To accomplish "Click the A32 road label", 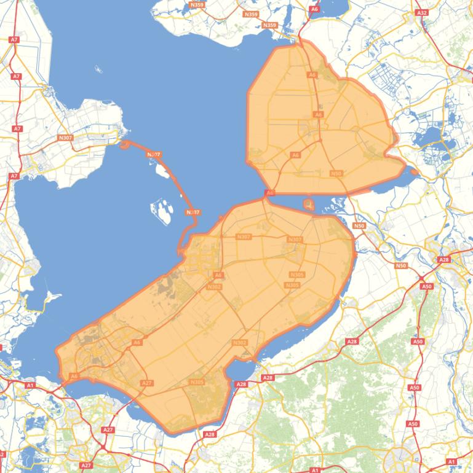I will (421, 12).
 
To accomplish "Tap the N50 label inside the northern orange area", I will (336, 174).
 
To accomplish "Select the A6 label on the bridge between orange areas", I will (269, 193).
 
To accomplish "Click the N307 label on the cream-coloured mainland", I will (65, 138).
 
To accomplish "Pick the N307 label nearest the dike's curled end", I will (154, 154).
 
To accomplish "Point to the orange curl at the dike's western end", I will (125, 145).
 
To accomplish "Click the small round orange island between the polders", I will (309, 204).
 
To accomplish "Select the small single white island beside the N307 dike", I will (162, 170).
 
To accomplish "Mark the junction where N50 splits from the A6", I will (320, 141).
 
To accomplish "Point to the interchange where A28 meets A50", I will (423, 278).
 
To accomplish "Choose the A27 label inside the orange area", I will (146, 383).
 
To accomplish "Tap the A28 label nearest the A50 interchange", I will (444, 260).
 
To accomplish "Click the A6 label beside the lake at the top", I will (315, 9).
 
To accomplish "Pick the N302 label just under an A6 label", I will (214, 286).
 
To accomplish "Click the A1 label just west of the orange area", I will (30, 385).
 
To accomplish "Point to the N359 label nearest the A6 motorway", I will (269, 25).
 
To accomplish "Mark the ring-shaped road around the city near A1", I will (400, 458).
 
